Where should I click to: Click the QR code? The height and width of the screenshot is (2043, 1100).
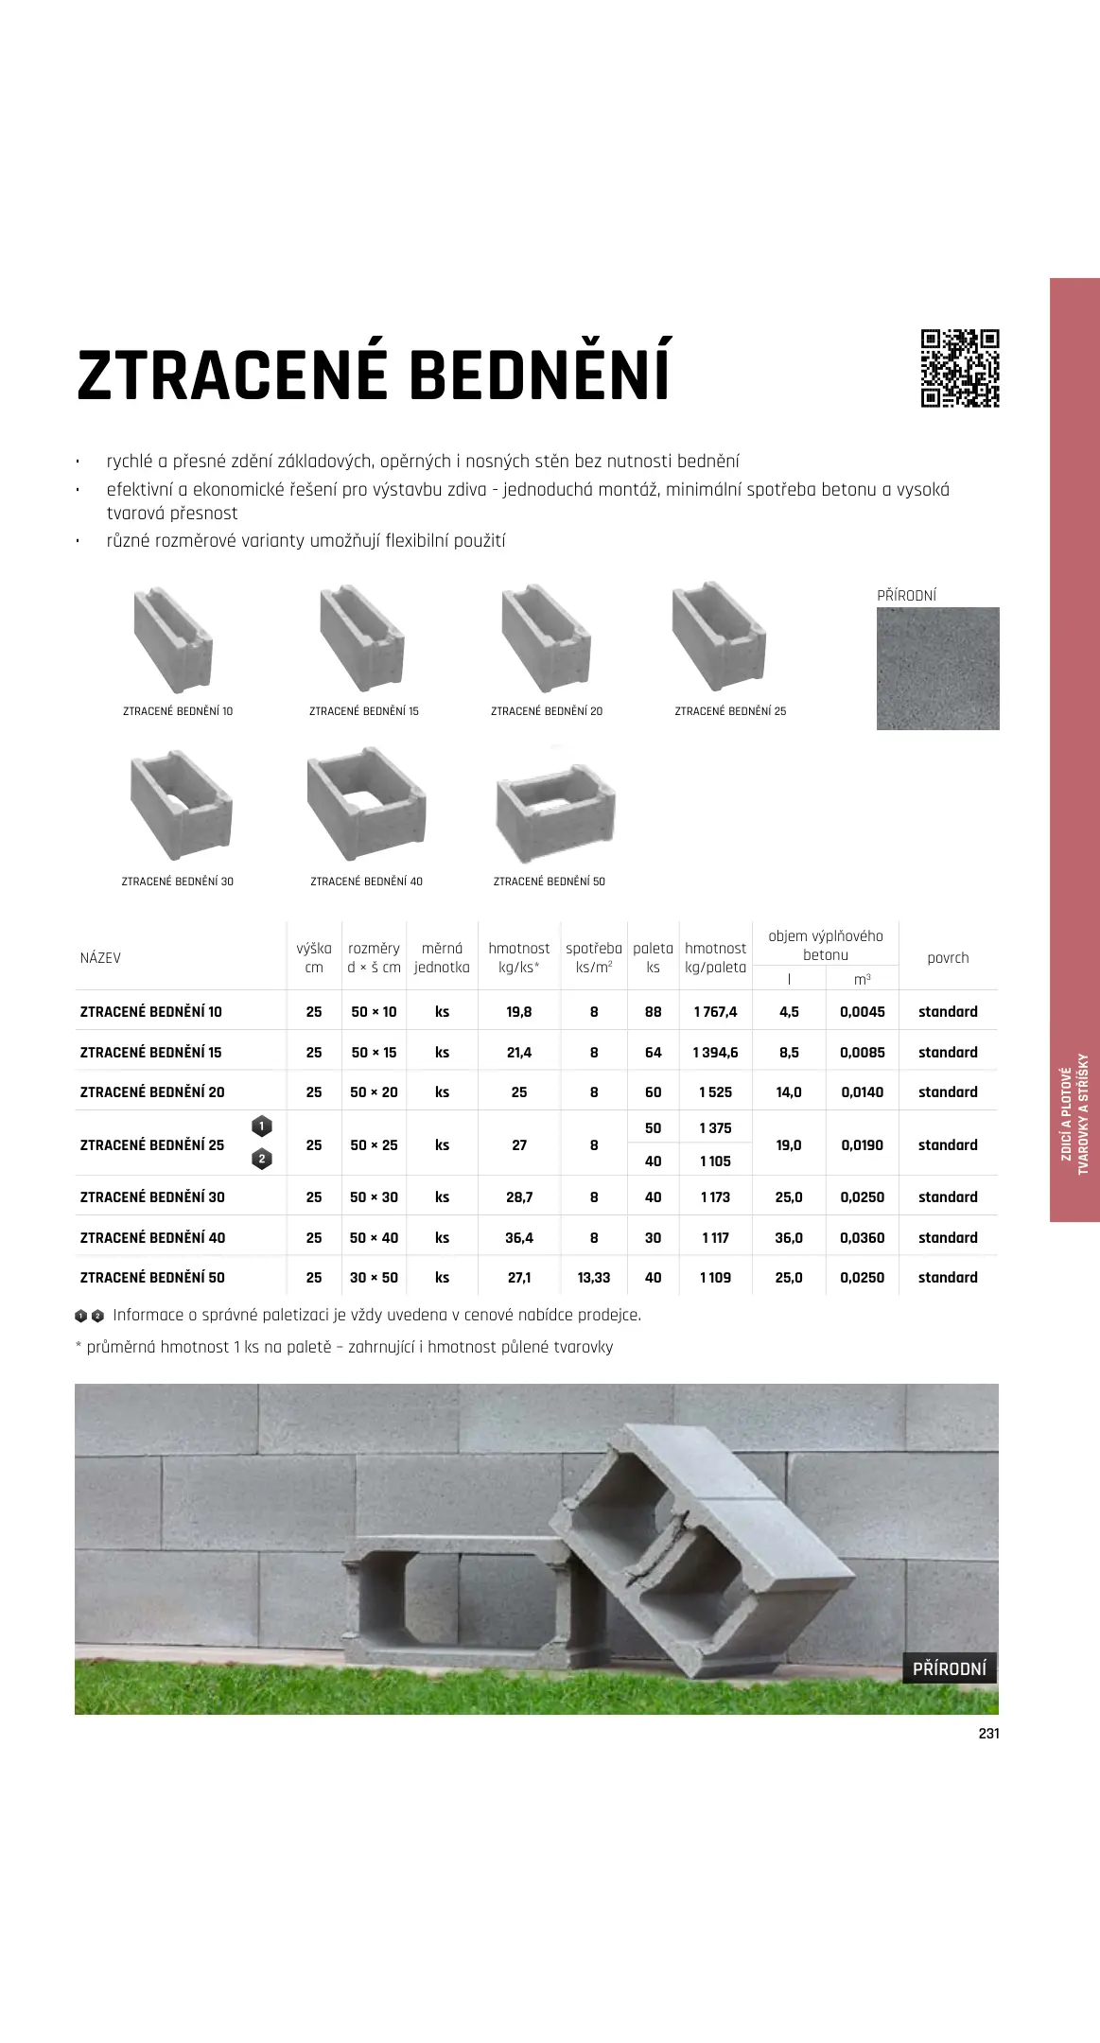[x=960, y=368]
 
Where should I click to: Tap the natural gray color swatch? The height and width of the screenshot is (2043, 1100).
[x=937, y=668]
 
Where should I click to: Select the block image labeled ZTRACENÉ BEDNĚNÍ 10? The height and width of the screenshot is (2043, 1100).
[x=174, y=639]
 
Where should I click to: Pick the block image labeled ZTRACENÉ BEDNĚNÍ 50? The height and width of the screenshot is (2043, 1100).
[x=555, y=815]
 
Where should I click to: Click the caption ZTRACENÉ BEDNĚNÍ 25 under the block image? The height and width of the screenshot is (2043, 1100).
[x=730, y=711]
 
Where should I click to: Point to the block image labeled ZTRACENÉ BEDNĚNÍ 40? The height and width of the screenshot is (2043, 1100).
[x=366, y=804]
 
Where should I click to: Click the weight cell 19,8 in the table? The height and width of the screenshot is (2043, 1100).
[x=519, y=1012]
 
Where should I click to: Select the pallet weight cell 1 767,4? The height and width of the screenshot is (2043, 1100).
[x=715, y=1012]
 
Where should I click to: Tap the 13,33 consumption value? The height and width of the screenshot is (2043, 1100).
[x=594, y=1278]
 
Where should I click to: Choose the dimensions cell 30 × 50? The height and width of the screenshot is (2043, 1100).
[x=374, y=1278]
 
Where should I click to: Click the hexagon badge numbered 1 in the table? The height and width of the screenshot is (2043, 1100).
[x=262, y=1126]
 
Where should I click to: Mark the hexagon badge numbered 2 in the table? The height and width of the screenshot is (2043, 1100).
[x=262, y=1159]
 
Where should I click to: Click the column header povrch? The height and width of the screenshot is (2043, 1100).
[x=948, y=957]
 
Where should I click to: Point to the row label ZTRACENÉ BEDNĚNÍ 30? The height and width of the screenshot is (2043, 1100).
[x=152, y=1197]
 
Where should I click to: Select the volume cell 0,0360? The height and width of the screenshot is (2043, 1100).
[x=862, y=1238]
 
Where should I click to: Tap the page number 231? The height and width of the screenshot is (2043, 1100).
[x=988, y=1734]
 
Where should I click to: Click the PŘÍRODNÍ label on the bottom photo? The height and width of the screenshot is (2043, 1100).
[x=949, y=1668]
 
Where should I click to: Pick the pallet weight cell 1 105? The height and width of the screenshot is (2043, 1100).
[x=715, y=1161]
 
